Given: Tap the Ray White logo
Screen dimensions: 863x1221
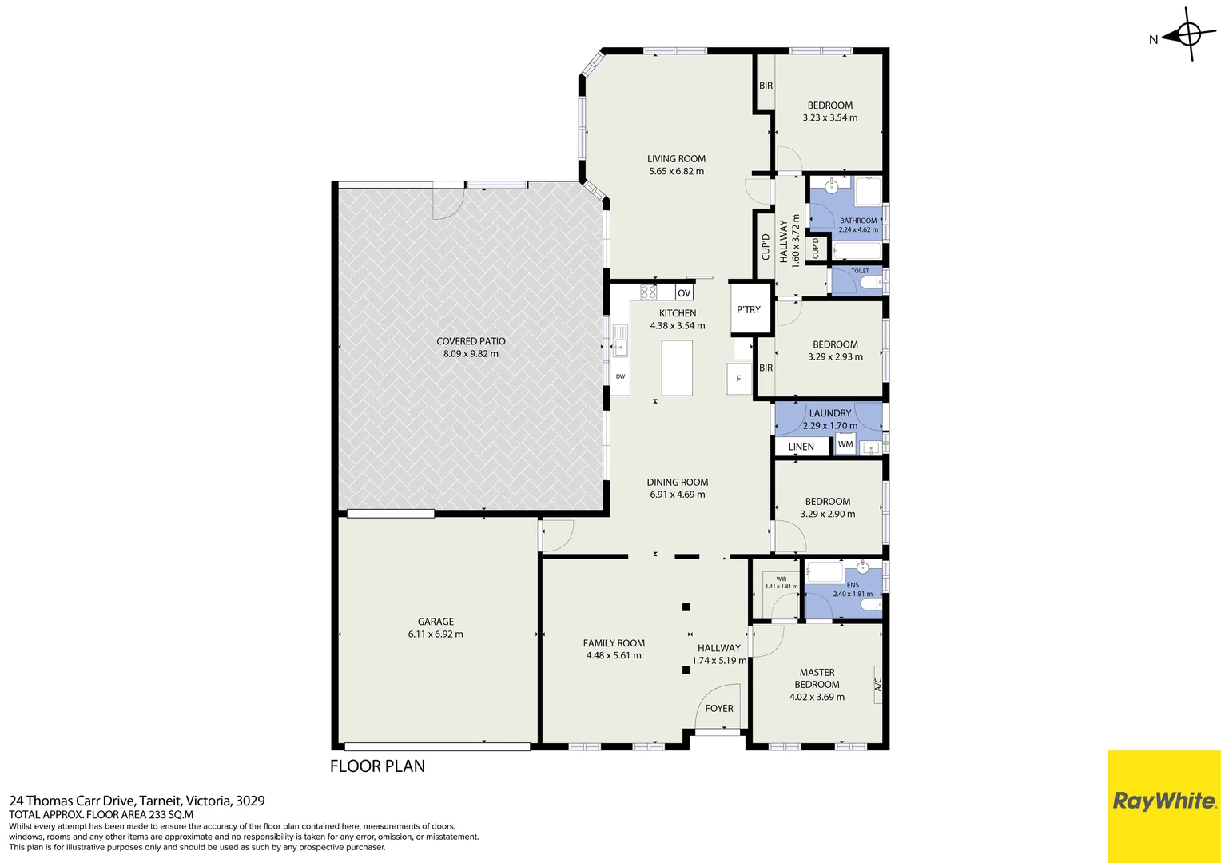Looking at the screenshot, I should pyautogui.click(x=1163, y=801).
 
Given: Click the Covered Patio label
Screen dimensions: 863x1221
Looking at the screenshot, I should pyautogui.click(x=471, y=341).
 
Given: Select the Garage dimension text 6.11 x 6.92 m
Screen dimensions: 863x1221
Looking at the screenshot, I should pyautogui.click(x=436, y=634).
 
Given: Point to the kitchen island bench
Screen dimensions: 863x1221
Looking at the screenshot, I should pyautogui.click(x=677, y=368).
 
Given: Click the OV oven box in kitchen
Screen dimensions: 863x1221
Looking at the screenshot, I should pyautogui.click(x=684, y=293).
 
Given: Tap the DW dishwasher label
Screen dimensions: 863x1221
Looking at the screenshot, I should pyautogui.click(x=620, y=377).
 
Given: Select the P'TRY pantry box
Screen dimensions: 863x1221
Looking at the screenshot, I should pyautogui.click(x=749, y=309).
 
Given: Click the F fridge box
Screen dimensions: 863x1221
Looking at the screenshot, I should pyautogui.click(x=738, y=379).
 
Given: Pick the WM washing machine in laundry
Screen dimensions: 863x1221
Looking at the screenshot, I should pyautogui.click(x=845, y=445).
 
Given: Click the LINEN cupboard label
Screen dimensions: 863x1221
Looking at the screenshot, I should pyautogui.click(x=801, y=447).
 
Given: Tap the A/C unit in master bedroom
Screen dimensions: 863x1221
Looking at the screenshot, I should pyautogui.click(x=877, y=685).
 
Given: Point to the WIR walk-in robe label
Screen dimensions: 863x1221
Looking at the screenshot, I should pyautogui.click(x=781, y=579).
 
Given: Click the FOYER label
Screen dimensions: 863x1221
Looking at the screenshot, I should pyautogui.click(x=719, y=709).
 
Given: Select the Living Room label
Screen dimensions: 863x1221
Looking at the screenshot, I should pyautogui.click(x=676, y=159).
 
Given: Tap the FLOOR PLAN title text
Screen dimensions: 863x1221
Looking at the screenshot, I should pyautogui.click(x=377, y=766).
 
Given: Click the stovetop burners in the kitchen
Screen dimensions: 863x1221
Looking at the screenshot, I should pyautogui.click(x=648, y=292).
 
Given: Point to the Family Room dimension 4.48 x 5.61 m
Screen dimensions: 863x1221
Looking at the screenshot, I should pyautogui.click(x=614, y=656).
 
